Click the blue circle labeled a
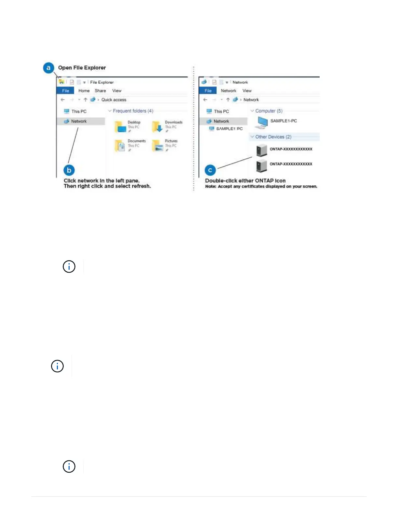[48, 68]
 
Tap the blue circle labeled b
[69, 170]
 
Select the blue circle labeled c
[210, 170]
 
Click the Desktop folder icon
[121, 127]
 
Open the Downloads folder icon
[158, 127]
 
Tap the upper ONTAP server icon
[261, 150]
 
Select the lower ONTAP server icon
[261, 165]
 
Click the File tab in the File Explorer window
[65, 91]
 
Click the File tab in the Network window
[208, 91]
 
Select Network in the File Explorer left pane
[79, 121]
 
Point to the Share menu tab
[100, 91]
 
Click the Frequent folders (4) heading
[133, 111]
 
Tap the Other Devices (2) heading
[273, 137]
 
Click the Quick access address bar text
[113, 100]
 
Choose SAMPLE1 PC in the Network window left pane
[229, 129]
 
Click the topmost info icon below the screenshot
[69, 266]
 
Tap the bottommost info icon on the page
[69, 466]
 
